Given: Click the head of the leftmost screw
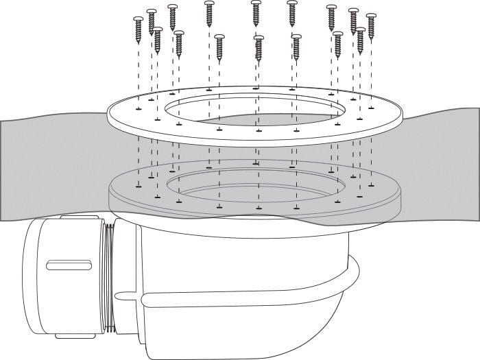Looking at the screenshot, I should pos(138,19).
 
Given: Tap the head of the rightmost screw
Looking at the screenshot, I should pos(371,16).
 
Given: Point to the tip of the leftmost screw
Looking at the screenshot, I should pos(139,43).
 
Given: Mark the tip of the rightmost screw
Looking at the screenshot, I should pos(372,38).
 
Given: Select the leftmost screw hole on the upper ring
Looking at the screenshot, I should pos(139,108).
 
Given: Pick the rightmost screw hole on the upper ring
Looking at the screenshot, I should pos(371,108).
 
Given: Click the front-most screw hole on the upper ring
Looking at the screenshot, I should pos(259,130).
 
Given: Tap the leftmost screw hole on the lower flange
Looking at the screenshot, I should pos(139,184).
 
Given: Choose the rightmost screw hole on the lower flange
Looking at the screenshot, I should pos(371,184).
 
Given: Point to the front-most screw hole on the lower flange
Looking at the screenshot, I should pos(259,207).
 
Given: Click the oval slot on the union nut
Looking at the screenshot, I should pos(69,265).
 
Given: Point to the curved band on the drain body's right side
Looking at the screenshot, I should pos(351,274).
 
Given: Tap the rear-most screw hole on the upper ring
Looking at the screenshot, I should pos(256,88).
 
